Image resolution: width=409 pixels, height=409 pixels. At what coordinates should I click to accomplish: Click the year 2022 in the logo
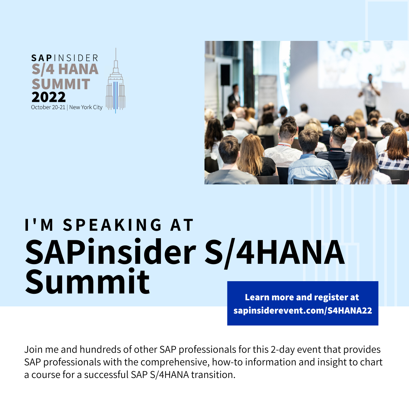(x=48, y=97)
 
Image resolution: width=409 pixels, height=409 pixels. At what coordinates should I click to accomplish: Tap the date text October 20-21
(x=48, y=107)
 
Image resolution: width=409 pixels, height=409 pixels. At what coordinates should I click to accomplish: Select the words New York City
(x=86, y=107)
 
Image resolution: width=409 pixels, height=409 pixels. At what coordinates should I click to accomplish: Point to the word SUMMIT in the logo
(x=61, y=84)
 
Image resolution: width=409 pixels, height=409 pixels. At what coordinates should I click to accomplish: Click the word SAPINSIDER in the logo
(x=65, y=58)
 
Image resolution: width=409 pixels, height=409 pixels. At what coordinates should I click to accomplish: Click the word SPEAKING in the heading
(x=112, y=225)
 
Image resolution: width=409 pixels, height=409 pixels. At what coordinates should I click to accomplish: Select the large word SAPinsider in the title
(x=110, y=253)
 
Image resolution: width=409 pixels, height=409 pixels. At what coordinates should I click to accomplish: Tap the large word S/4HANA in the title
(x=274, y=253)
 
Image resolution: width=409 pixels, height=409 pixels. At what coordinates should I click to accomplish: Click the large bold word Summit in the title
(x=87, y=282)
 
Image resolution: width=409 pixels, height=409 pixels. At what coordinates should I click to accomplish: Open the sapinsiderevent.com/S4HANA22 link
(x=303, y=311)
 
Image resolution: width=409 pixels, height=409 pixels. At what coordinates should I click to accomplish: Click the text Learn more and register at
(x=302, y=297)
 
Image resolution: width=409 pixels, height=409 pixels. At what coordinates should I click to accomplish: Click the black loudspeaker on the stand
(x=225, y=75)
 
